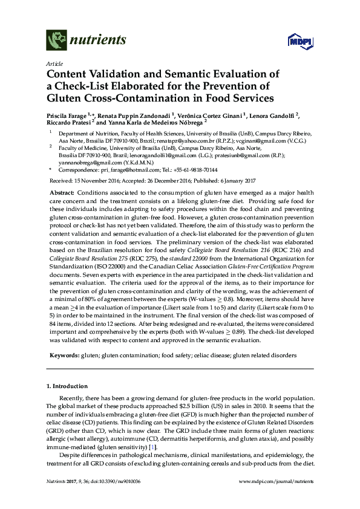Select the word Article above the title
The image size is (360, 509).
[53, 63]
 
